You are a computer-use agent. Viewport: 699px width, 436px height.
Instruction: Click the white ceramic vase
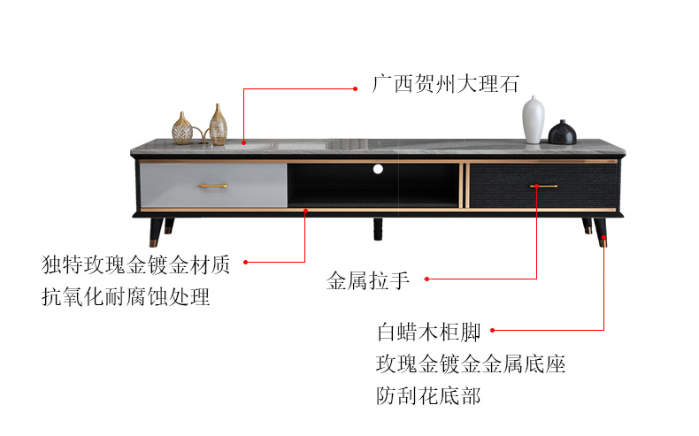click(x=534, y=119)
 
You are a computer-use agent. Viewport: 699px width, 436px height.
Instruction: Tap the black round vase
click(x=562, y=133)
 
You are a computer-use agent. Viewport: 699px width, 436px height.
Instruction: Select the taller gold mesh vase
click(x=218, y=126)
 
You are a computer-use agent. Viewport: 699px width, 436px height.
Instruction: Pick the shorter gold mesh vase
click(x=182, y=129)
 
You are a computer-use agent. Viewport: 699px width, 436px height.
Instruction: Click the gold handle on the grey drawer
click(x=213, y=186)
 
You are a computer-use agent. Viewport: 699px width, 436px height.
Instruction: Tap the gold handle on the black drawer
click(x=543, y=186)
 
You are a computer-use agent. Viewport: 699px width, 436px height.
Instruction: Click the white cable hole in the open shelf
click(x=378, y=169)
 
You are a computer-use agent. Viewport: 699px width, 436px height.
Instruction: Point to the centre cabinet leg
click(x=378, y=229)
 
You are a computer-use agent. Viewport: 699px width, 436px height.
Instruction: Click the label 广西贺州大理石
click(x=445, y=84)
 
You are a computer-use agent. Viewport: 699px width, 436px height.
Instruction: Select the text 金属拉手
click(x=368, y=280)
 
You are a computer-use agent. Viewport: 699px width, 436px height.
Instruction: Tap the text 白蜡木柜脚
click(x=428, y=332)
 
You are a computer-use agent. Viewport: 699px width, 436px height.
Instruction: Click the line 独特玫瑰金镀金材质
click(x=135, y=264)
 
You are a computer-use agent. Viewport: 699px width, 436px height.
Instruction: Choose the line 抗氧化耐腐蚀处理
click(x=126, y=296)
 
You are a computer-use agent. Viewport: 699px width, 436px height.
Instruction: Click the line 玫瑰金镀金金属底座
click(x=471, y=363)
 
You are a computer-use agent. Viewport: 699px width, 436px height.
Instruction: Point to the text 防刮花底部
click(x=428, y=396)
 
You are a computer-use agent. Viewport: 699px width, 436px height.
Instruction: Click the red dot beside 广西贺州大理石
click(x=356, y=89)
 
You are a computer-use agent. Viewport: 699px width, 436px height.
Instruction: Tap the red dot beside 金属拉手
click(x=426, y=279)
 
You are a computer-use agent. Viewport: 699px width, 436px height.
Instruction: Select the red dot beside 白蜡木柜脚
click(x=492, y=331)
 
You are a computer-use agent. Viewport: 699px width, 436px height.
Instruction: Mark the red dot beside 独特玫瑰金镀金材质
click(x=246, y=263)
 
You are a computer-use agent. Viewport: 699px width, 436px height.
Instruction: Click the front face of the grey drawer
click(x=213, y=185)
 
